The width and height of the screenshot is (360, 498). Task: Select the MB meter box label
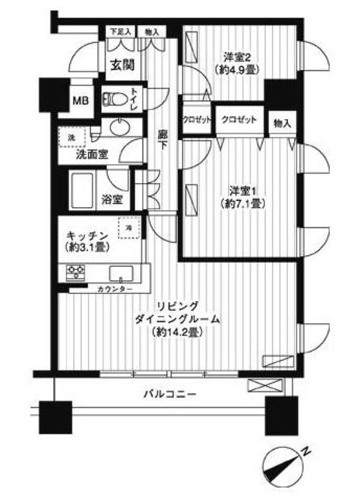click(x=81, y=100)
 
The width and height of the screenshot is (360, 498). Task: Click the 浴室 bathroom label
click(x=114, y=198)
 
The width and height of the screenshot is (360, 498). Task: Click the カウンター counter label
click(x=114, y=289)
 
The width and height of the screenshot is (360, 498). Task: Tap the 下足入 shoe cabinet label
click(x=119, y=31)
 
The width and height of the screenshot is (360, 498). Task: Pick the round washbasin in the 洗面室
click(x=119, y=127)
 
